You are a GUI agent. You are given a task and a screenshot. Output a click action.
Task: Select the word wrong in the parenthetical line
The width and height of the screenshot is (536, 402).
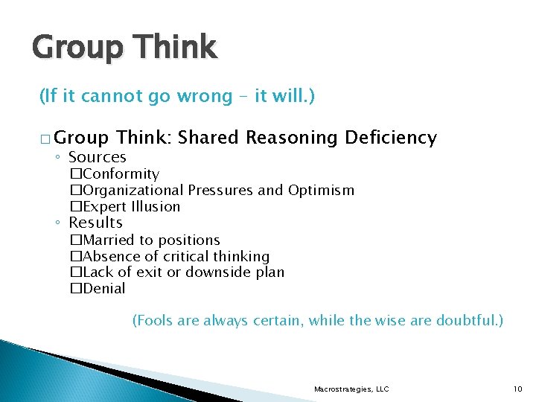[203, 96]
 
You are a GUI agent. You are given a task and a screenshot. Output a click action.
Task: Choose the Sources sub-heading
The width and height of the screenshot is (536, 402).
[97, 157]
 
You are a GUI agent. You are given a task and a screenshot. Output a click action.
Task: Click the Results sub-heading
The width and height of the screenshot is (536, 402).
[95, 223]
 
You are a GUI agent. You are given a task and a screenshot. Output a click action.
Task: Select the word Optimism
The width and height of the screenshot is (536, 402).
[321, 191]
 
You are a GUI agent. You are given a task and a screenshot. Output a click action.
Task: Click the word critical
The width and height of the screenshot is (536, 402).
[190, 256]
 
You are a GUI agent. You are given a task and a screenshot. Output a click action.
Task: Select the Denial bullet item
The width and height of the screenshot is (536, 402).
[104, 289]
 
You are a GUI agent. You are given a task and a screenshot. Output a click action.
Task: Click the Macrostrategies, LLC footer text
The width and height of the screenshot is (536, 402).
[351, 389]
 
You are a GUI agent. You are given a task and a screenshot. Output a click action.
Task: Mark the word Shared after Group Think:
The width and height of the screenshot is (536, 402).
[208, 138]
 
